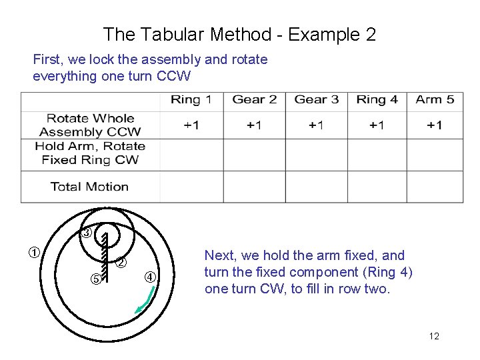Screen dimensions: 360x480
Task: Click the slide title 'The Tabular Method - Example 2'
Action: coord(240,34)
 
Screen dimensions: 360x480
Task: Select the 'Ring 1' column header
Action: coord(191,100)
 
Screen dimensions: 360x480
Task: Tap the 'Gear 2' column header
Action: coord(254,100)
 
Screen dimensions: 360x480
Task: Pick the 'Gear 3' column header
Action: coord(317,100)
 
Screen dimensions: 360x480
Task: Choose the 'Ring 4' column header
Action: coord(377,100)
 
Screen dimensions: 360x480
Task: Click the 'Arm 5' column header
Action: coord(435,100)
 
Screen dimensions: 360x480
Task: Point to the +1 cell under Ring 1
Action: coord(191,125)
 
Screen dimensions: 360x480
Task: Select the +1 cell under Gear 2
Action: coord(254,125)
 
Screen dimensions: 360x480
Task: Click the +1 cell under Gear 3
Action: coord(317,125)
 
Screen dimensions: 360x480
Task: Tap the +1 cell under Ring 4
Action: coord(377,125)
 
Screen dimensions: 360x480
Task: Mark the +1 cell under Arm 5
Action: coord(435,125)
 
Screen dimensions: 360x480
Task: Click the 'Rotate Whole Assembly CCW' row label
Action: coord(91,125)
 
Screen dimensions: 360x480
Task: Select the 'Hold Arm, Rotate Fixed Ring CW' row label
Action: coord(90,153)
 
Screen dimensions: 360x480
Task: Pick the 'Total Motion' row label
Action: coord(89,187)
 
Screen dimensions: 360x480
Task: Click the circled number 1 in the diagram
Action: coord(32,253)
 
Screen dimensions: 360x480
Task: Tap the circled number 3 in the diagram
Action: coord(87,233)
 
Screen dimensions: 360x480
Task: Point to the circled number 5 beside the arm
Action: coord(95,279)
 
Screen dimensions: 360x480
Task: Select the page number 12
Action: coord(434,336)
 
